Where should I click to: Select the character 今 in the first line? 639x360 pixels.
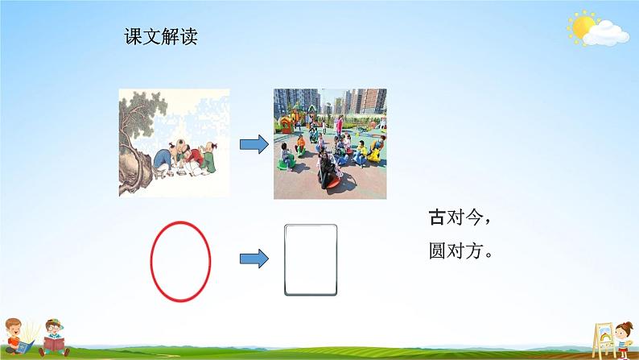pos(477,217)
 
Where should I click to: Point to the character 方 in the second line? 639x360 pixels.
pos(477,250)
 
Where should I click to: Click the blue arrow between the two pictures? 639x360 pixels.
pos(254,144)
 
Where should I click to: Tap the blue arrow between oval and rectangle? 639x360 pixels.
pos(254,259)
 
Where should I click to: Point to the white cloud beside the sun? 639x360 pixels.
pos(608,32)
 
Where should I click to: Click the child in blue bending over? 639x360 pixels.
pos(162,158)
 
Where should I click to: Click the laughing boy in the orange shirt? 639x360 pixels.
pos(18,332)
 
